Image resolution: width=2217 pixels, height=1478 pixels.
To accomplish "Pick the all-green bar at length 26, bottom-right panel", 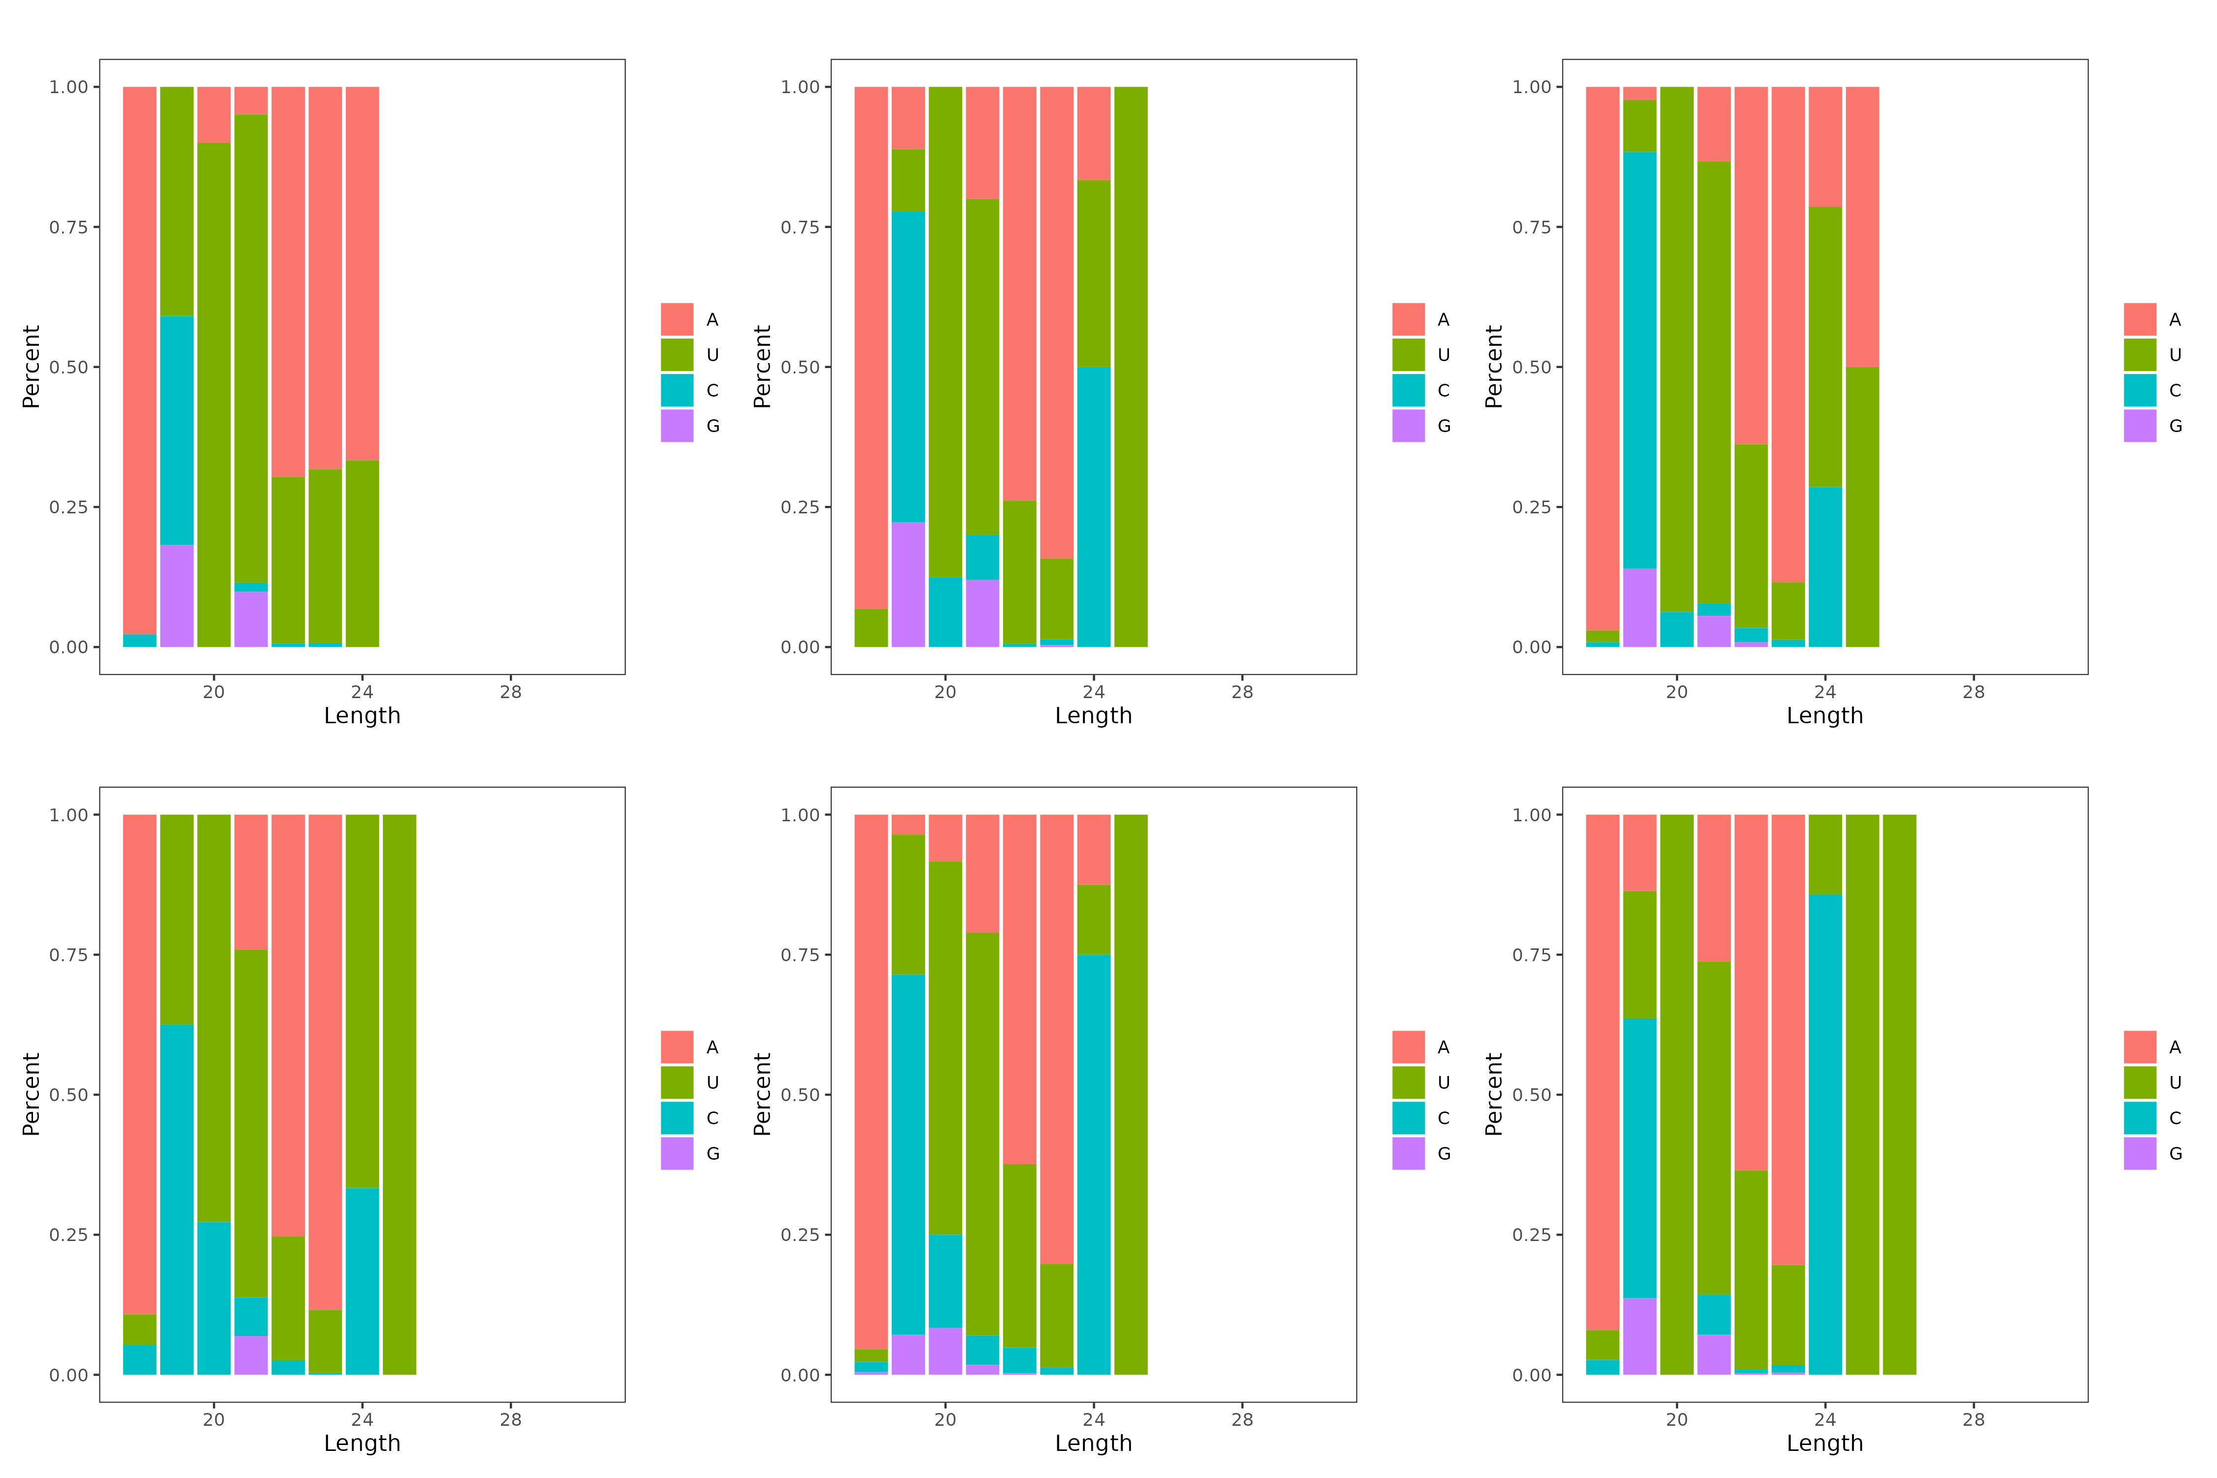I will (1899, 1093).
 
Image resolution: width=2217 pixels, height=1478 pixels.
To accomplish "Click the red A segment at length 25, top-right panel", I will (1862, 226).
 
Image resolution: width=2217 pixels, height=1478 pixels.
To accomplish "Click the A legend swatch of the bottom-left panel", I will (677, 1046).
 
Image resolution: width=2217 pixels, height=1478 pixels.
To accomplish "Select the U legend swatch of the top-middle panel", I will (1408, 354).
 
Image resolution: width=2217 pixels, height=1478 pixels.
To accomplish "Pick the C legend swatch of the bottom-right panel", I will (2140, 1118).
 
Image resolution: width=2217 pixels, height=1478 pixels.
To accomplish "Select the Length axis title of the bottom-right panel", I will (1825, 1443).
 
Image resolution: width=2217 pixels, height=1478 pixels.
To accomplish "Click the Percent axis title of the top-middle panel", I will (762, 367).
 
